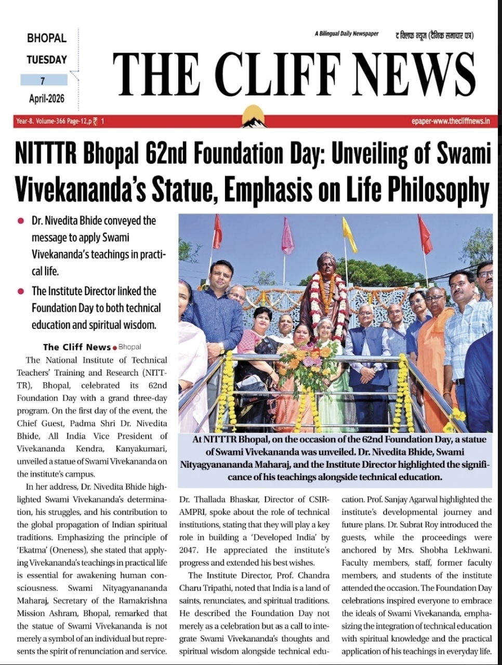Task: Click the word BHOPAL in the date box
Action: coord(47,38)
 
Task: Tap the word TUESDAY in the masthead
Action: coord(47,60)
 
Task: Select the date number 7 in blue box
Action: coord(43,80)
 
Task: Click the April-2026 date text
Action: coord(47,99)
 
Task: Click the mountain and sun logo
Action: coord(254,116)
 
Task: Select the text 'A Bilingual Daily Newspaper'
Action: coord(346,34)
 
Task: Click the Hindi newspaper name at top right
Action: coord(434,35)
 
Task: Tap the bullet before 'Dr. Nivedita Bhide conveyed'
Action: coord(21,221)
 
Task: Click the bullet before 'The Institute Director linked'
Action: coord(21,291)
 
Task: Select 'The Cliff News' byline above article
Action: coord(76,347)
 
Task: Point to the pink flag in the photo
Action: coord(287,236)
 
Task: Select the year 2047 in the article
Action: coord(187,550)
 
